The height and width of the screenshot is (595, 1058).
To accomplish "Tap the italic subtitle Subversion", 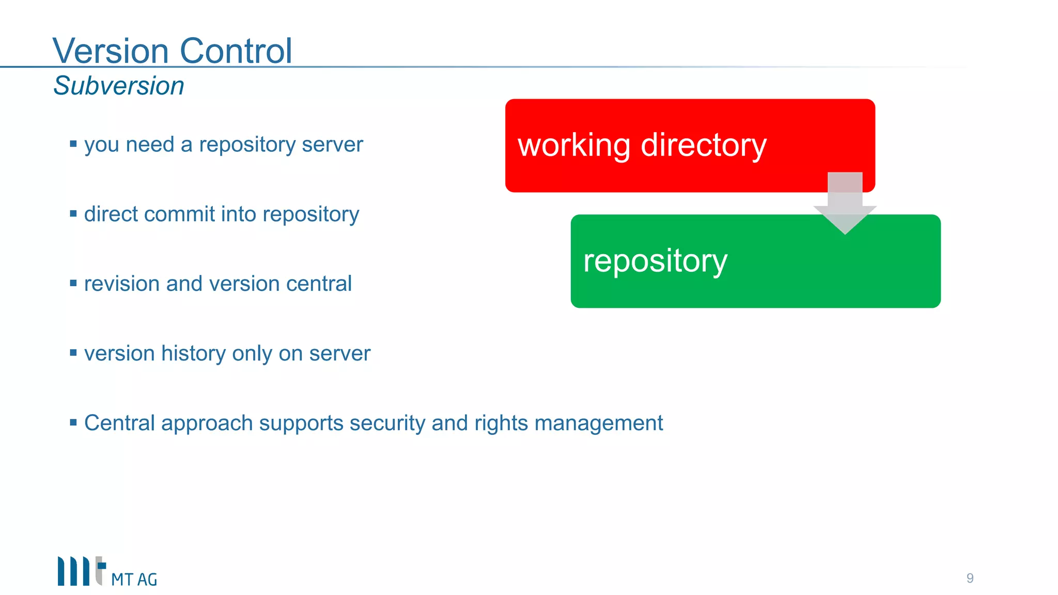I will pyautogui.click(x=119, y=86).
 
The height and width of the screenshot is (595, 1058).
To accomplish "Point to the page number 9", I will pyautogui.click(x=970, y=578).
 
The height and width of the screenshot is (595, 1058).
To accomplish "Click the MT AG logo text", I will pyautogui.click(x=134, y=580).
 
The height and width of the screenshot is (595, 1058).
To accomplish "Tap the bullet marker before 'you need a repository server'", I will pyautogui.click(x=73, y=144).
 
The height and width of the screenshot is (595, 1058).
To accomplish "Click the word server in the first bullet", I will pyautogui.click(x=332, y=145).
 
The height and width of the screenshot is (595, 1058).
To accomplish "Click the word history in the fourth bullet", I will pyautogui.click(x=194, y=354).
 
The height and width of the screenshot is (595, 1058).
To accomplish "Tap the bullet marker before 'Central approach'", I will pyautogui.click(x=73, y=422).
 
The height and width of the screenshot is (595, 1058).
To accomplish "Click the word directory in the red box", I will pyautogui.click(x=704, y=146).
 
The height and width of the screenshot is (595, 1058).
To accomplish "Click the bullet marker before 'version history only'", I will pyautogui.click(x=73, y=353).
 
